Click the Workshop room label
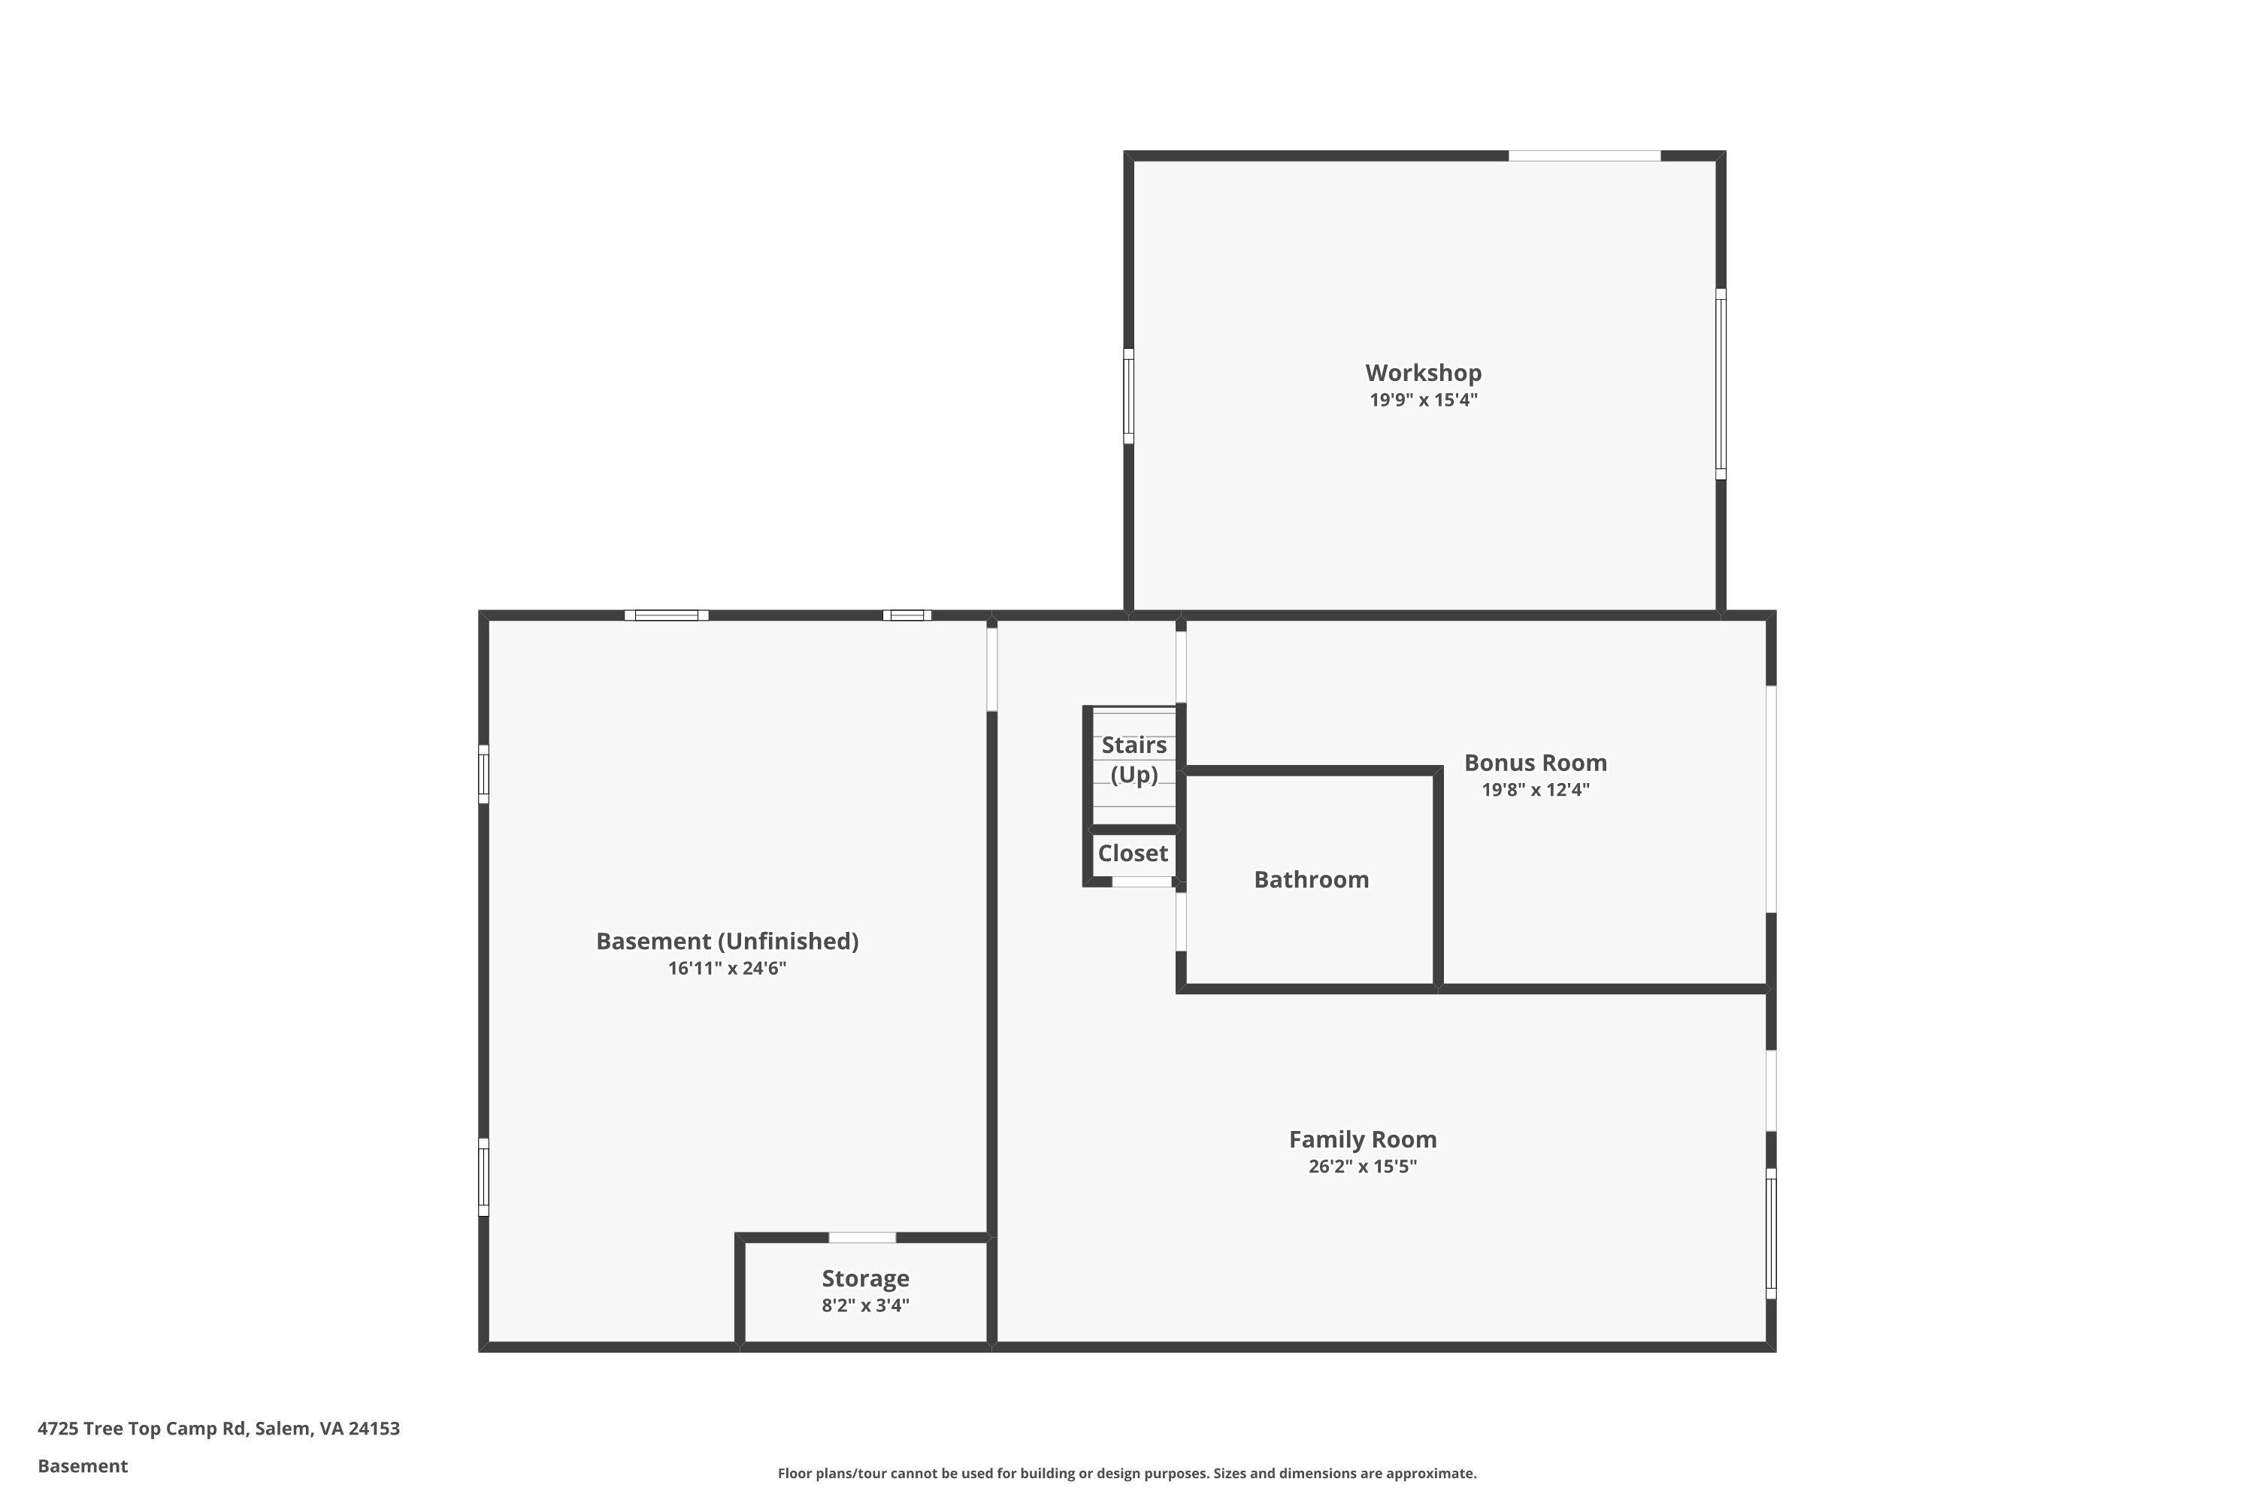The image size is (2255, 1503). (1423, 373)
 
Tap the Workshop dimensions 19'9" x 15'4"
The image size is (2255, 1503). (1423, 401)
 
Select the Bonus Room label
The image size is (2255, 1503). (1535, 763)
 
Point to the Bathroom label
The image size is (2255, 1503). (1311, 880)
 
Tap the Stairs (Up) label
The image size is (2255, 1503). (1134, 759)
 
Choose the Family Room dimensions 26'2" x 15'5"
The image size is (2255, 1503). (1362, 1166)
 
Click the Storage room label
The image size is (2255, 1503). (865, 1279)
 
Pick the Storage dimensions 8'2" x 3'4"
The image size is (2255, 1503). (865, 1305)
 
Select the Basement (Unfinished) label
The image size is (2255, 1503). (727, 942)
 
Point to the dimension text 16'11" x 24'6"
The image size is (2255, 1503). (727, 968)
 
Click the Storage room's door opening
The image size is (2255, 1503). (862, 1238)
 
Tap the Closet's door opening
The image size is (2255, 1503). (1141, 882)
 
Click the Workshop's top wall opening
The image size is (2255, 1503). (1584, 156)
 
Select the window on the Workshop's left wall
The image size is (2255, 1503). (1128, 396)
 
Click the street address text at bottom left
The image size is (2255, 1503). (219, 1429)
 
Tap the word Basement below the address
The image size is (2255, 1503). (83, 1465)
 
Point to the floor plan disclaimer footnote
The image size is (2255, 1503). (1127, 1473)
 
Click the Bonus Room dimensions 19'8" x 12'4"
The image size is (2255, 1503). (1535, 790)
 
